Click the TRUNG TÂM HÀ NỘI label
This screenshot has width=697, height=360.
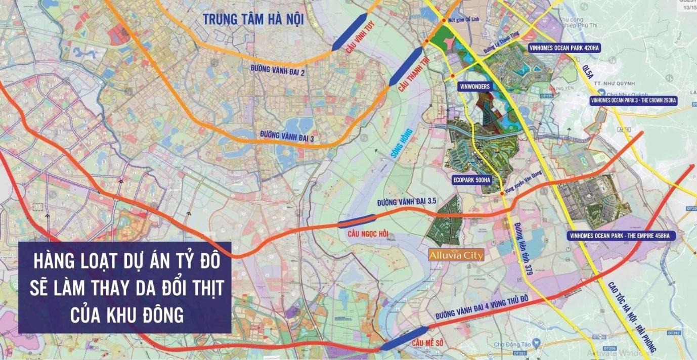253,20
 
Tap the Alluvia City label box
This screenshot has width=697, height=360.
456,255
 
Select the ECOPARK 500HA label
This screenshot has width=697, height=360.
472,179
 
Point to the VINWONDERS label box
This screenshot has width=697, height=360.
474,86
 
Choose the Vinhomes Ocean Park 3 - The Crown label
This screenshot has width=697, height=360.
633,101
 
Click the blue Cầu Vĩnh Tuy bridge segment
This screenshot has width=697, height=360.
350,32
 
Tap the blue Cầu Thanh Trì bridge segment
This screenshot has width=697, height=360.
406,65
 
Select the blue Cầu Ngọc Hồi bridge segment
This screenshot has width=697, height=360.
357,221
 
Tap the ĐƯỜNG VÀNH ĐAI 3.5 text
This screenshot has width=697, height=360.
407,202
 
